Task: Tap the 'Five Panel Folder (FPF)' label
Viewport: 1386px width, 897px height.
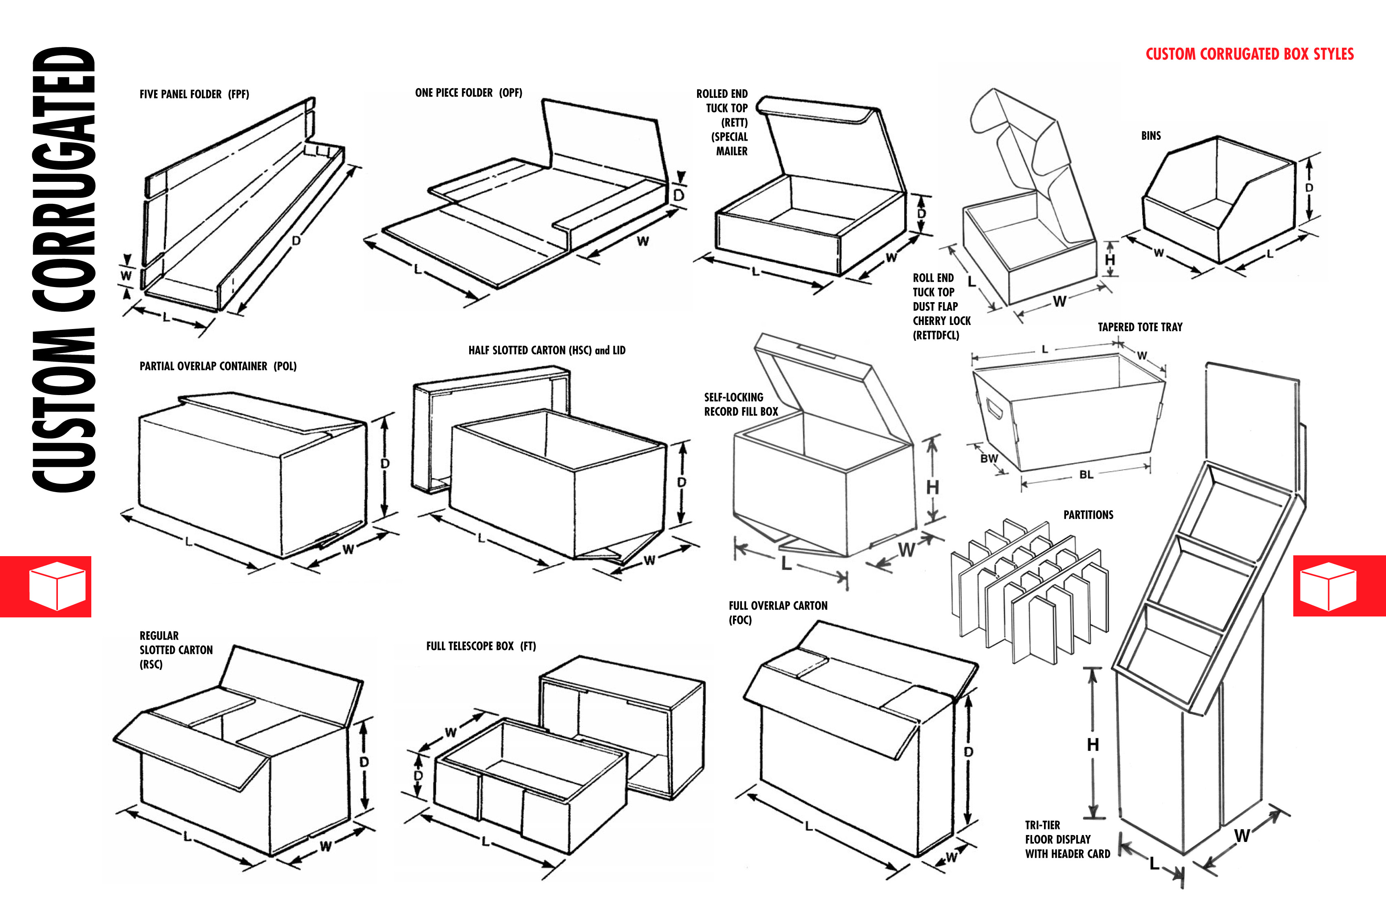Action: (x=194, y=94)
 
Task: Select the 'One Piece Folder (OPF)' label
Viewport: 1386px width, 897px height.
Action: (x=468, y=93)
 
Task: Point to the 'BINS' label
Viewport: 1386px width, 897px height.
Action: (x=1151, y=136)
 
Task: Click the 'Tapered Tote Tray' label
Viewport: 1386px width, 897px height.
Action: (x=1140, y=327)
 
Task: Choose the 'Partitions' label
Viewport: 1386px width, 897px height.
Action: (x=1088, y=515)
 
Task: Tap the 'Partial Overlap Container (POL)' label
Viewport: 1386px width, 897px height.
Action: (x=218, y=367)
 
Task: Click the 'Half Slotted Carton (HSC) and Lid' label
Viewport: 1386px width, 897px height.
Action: (x=546, y=350)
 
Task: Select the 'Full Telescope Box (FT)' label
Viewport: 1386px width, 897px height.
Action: (x=481, y=646)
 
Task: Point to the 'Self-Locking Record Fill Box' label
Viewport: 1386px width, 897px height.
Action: (x=740, y=404)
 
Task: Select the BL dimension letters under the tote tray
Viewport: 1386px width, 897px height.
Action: (x=1086, y=475)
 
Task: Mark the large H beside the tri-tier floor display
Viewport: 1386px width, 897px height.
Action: (x=1092, y=745)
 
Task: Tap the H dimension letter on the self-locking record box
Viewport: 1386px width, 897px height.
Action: (x=932, y=487)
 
